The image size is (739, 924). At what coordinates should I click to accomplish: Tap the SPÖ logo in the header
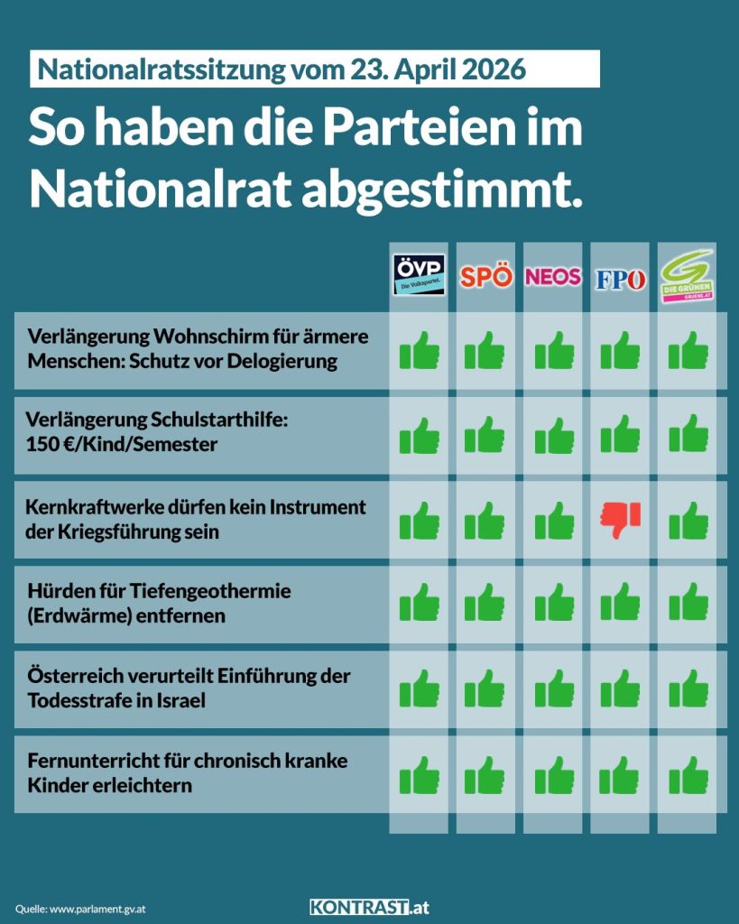(x=485, y=276)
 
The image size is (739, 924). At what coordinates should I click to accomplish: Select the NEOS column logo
(x=553, y=276)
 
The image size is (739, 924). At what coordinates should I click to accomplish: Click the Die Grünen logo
(x=688, y=275)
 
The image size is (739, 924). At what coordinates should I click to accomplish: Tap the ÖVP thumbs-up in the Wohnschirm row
(x=420, y=351)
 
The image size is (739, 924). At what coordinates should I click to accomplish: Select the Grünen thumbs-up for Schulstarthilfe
(x=688, y=435)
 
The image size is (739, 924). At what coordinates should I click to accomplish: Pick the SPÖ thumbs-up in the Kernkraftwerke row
(x=485, y=521)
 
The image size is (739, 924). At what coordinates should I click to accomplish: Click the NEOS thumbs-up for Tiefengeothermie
(x=553, y=604)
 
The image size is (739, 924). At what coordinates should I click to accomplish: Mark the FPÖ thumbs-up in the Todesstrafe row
(x=620, y=689)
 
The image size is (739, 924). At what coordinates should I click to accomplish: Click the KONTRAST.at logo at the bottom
(x=369, y=907)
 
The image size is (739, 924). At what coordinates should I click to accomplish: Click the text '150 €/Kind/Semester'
(x=122, y=445)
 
